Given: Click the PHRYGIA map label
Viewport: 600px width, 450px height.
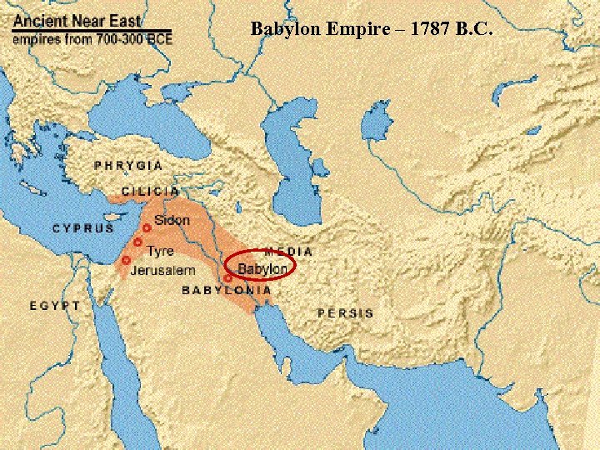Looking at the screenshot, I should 128,166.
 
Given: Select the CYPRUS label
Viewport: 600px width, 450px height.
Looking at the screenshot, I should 84,228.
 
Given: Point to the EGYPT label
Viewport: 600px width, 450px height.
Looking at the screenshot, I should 56,306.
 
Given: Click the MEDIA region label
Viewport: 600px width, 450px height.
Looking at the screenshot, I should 288,251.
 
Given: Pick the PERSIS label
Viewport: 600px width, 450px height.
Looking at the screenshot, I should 345,313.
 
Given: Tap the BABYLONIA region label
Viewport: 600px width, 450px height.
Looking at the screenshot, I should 227,290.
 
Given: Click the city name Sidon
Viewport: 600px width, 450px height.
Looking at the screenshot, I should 172,222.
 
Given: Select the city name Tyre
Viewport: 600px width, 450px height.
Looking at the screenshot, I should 160,250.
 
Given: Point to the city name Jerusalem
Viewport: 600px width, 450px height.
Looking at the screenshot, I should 162,271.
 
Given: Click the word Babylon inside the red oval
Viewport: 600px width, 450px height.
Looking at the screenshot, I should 262,268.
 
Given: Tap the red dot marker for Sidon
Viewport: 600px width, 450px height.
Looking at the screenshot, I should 147,227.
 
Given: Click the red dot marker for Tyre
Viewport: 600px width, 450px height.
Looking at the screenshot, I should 137,242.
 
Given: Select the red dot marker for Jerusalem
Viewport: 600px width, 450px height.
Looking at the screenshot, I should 126,261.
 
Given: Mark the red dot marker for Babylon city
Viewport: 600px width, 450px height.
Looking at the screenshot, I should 227,278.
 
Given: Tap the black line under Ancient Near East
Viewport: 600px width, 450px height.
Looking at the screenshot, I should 92,31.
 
